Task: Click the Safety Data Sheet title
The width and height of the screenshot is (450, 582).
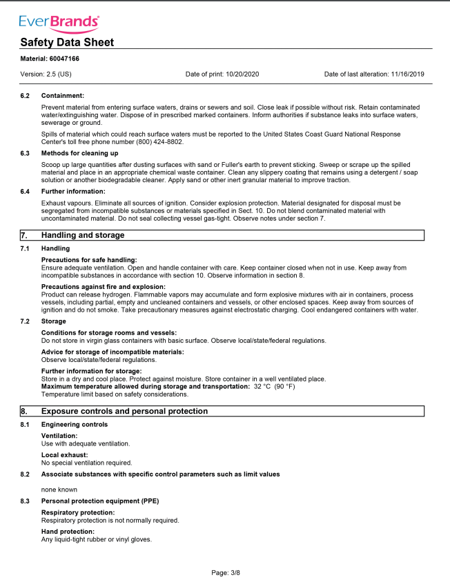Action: pos(67,43)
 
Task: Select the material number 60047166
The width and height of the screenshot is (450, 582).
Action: pos(64,59)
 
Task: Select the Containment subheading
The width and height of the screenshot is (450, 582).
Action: pos(63,95)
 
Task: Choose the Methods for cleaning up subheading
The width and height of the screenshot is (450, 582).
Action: pos(79,152)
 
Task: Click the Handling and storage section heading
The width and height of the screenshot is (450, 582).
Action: pos(83,235)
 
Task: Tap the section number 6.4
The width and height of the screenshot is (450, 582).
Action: pos(26,191)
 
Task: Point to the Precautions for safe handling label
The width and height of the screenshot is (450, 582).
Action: pos(89,259)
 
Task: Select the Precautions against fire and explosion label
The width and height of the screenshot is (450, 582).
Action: pos(104,286)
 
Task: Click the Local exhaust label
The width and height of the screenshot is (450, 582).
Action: pos(65,455)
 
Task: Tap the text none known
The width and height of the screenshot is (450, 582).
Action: pos(59,489)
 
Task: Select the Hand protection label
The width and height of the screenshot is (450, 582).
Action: pos(68,532)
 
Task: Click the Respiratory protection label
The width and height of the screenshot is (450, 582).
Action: pos(78,512)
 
